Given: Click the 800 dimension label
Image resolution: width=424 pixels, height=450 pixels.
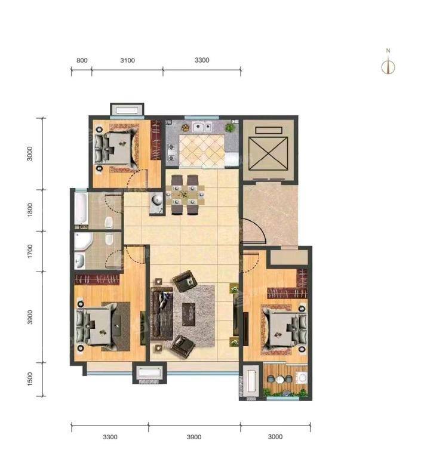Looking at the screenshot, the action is pyautogui.click(x=82, y=60).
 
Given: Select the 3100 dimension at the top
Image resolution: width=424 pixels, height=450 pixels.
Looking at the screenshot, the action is pyautogui.click(x=128, y=60).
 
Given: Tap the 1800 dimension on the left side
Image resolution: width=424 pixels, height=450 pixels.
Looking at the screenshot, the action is pyautogui.click(x=30, y=210).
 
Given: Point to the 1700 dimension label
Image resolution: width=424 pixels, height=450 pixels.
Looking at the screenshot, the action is pyautogui.click(x=30, y=251).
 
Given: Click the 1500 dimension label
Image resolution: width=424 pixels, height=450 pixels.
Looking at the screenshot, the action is pyautogui.click(x=30, y=379).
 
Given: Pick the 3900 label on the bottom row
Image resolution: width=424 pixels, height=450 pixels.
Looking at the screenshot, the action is pyautogui.click(x=194, y=437).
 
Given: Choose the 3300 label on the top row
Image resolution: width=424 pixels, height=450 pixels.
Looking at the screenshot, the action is pyautogui.click(x=202, y=60).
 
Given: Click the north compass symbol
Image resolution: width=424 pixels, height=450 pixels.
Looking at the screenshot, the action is pyautogui.click(x=388, y=63).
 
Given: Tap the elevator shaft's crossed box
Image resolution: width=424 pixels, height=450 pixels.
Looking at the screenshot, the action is pyautogui.click(x=268, y=154).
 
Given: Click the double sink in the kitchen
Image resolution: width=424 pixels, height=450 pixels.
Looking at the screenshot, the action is pyautogui.click(x=202, y=127).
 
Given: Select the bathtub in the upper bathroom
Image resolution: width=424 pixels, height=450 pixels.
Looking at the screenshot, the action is pyautogui.click(x=81, y=208).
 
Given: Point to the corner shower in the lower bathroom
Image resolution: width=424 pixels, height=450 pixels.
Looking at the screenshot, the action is pyautogui.click(x=83, y=241).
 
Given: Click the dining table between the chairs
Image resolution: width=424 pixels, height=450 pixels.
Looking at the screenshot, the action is pyautogui.click(x=185, y=195).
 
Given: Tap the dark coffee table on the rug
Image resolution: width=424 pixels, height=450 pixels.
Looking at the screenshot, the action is pyautogui.click(x=189, y=315).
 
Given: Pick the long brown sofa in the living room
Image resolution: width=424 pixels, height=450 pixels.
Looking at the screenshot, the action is pyautogui.click(x=161, y=314).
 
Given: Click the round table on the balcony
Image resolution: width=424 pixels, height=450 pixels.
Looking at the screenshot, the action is pyautogui.click(x=280, y=380).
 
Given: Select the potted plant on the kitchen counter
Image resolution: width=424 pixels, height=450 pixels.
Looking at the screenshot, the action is pyautogui.click(x=230, y=127).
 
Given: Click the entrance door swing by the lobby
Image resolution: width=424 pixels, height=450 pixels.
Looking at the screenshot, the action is pyautogui.click(x=253, y=232).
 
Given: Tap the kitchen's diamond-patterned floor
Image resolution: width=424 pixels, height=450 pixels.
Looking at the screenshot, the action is pyautogui.click(x=202, y=151).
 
